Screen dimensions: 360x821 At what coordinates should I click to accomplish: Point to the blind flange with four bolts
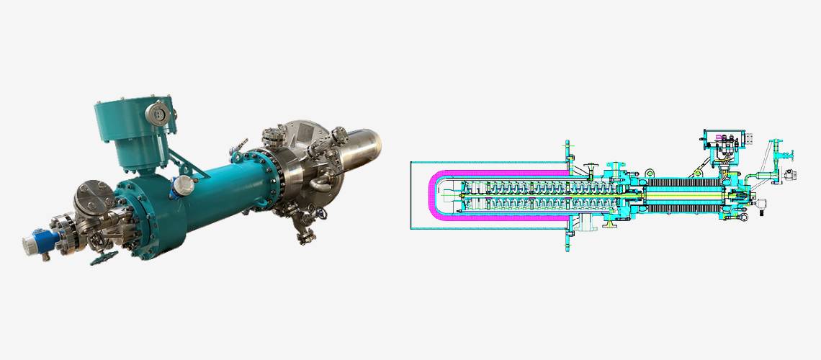click(91, 197)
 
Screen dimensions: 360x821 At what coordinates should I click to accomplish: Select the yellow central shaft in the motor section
click(684, 196)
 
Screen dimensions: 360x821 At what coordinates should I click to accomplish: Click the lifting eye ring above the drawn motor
click(649, 173)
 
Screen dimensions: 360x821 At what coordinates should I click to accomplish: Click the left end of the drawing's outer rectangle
click(410, 195)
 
